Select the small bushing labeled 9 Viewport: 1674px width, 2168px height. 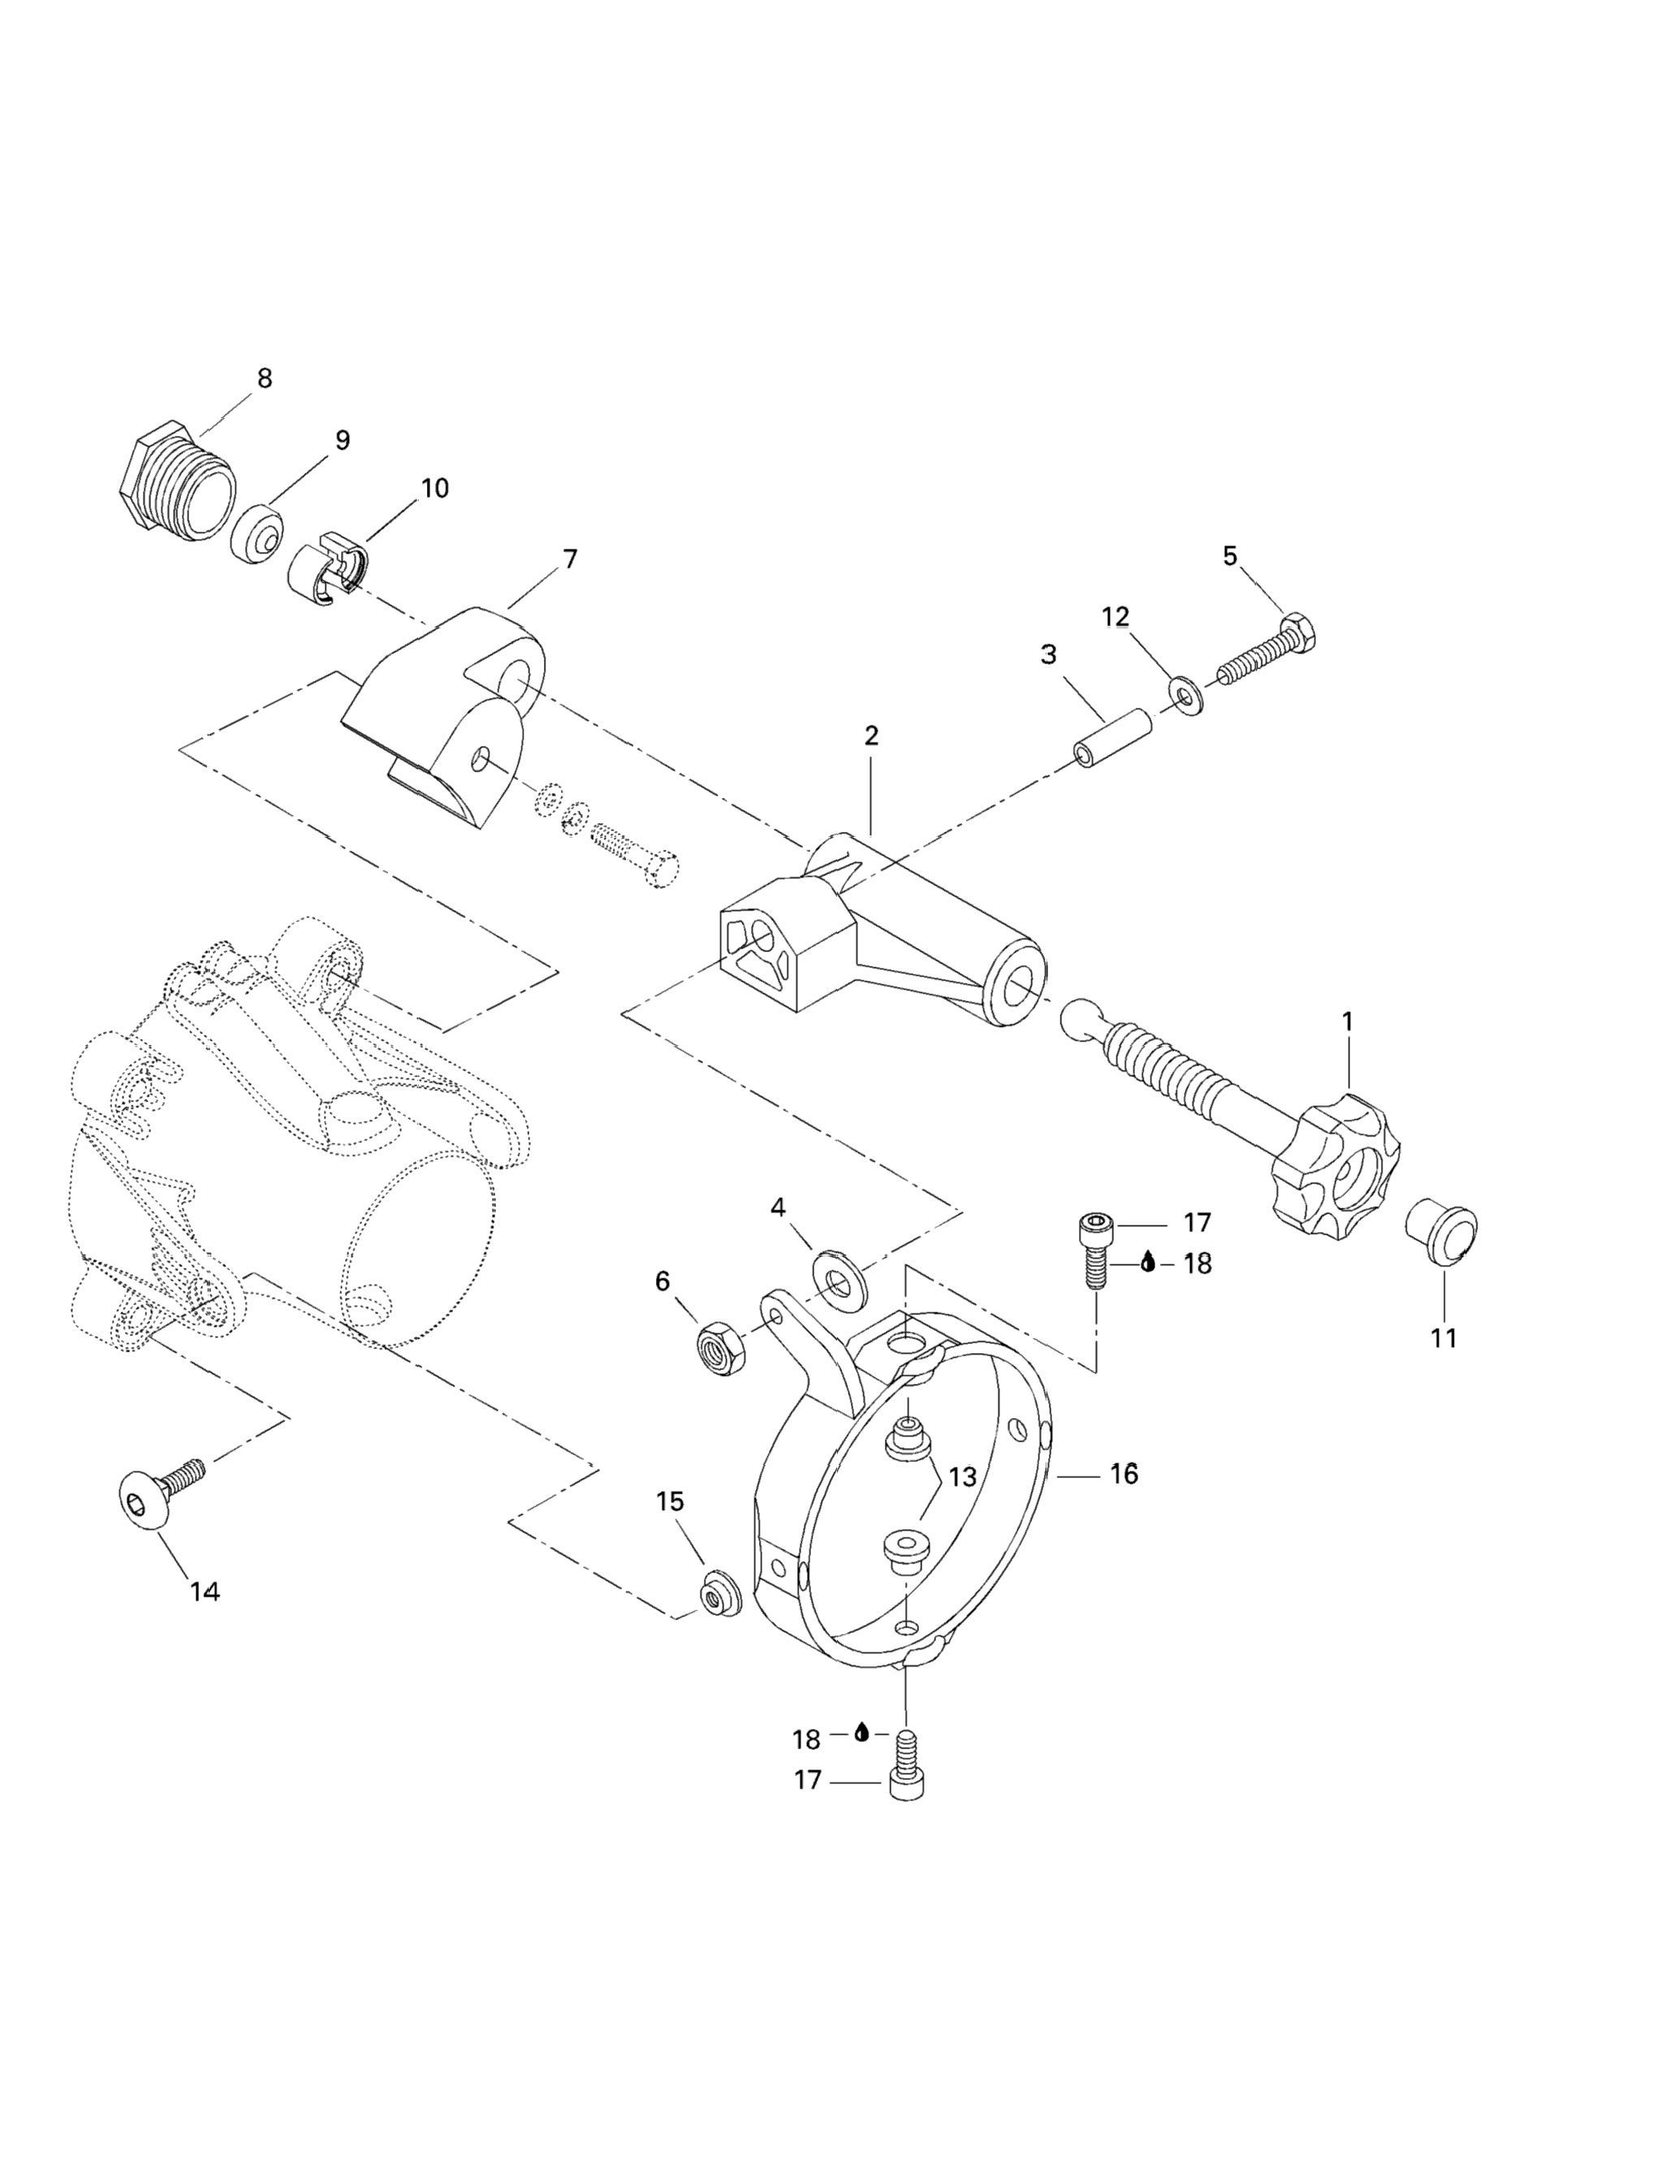click(257, 534)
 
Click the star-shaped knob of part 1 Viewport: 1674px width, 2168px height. click(1335, 1165)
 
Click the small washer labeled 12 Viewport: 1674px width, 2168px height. click(1184, 693)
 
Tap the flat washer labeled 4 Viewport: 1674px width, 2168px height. click(839, 1277)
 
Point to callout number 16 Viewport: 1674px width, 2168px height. click(1123, 1474)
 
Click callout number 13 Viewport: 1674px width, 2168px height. click(962, 1476)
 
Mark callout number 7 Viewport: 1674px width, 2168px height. click(569, 559)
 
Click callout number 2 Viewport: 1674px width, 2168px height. click(871, 735)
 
